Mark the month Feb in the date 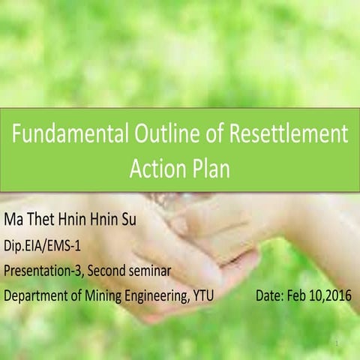coord(299,295)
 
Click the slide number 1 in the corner coord(339,343)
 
